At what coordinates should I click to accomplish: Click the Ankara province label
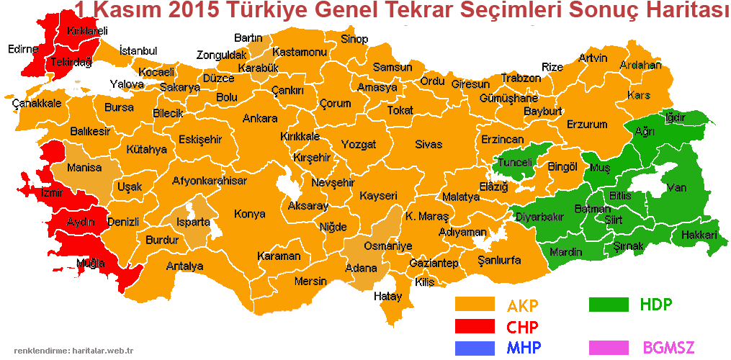[260, 119]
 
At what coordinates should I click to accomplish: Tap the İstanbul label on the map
[138, 51]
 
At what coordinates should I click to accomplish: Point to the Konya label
[249, 214]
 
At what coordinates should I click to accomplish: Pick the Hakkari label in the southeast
[699, 235]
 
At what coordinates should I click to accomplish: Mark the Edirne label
[22, 50]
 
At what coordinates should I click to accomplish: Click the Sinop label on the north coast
[354, 39]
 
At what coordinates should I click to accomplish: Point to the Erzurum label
[587, 125]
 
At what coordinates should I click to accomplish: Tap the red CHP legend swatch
[475, 326]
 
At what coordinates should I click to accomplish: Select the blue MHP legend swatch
[475, 348]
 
